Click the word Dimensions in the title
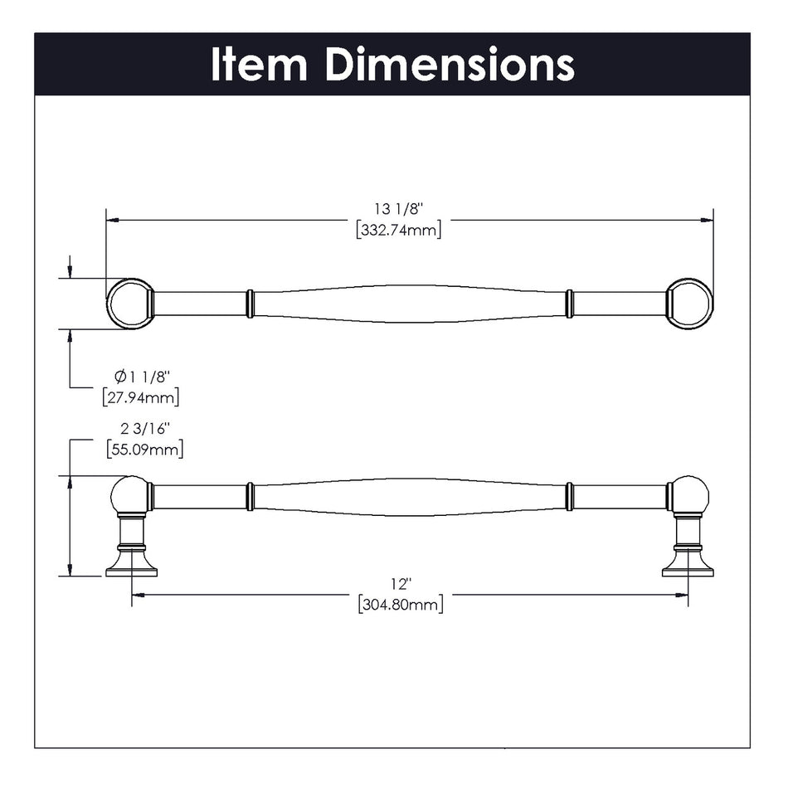coord(449,65)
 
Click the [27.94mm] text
coord(141,397)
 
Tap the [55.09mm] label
coord(144,449)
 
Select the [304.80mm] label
coord(401,605)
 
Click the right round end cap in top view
coord(690,304)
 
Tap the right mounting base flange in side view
coord(688,569)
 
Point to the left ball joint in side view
coord(129,496)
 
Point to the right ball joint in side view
coord(689,496)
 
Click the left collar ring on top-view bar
coord(250,304)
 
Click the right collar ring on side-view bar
coord(569,497)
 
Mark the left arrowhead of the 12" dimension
coord(138,595)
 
